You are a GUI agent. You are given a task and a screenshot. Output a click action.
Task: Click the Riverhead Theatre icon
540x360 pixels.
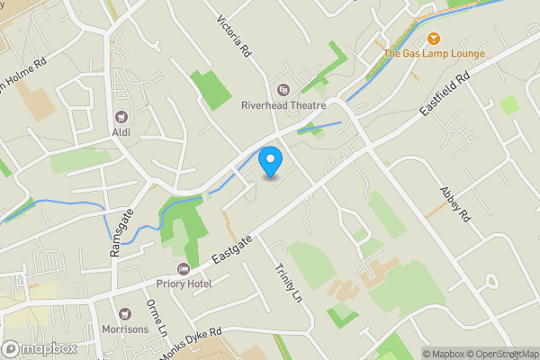point(283,89)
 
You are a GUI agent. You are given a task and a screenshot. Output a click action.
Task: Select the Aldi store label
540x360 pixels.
point(121,133)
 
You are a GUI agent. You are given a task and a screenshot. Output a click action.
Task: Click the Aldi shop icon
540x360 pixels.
point(121,117)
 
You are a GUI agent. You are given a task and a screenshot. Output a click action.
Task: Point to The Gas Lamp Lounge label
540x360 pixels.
point(435,53)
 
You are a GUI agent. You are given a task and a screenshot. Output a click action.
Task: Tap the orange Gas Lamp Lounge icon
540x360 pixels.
point(435,38)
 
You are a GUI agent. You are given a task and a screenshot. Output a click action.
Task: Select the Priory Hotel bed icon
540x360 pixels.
point(184,268)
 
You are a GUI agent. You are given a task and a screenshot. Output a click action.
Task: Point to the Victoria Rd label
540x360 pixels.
point(234,37)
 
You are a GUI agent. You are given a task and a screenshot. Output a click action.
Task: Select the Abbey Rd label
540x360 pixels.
point(454,205)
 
